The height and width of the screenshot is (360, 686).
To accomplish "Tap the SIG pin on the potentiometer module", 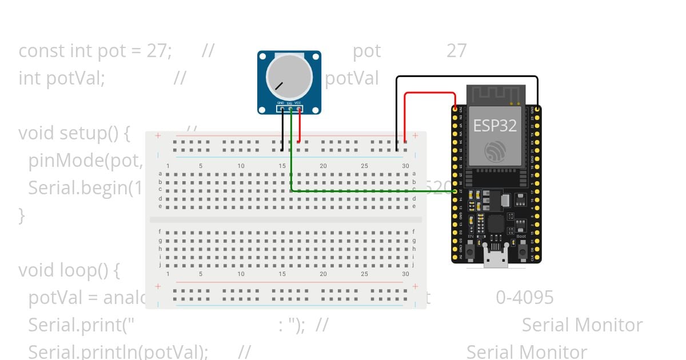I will pos(290,108).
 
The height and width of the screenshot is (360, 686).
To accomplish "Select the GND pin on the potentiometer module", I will pos(282,108).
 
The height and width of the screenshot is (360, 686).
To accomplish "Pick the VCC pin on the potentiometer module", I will pos(298,108).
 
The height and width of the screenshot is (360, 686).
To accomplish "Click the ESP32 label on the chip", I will pos(495,126).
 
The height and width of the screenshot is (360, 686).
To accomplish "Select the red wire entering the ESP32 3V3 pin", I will pos(429,93).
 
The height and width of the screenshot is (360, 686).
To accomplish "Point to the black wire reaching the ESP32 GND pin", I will pos(466,77).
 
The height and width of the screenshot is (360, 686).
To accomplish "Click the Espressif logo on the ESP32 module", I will pos(495,151).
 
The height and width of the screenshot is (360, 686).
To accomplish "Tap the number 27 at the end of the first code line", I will pos(456,51).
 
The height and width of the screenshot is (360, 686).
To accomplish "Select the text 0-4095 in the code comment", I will pos(525,297).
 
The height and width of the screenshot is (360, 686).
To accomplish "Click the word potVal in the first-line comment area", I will pos(352,78).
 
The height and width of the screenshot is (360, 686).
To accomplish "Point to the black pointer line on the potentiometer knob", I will pos(278,86).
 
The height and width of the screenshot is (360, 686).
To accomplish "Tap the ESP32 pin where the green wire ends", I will pos(455,191).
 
